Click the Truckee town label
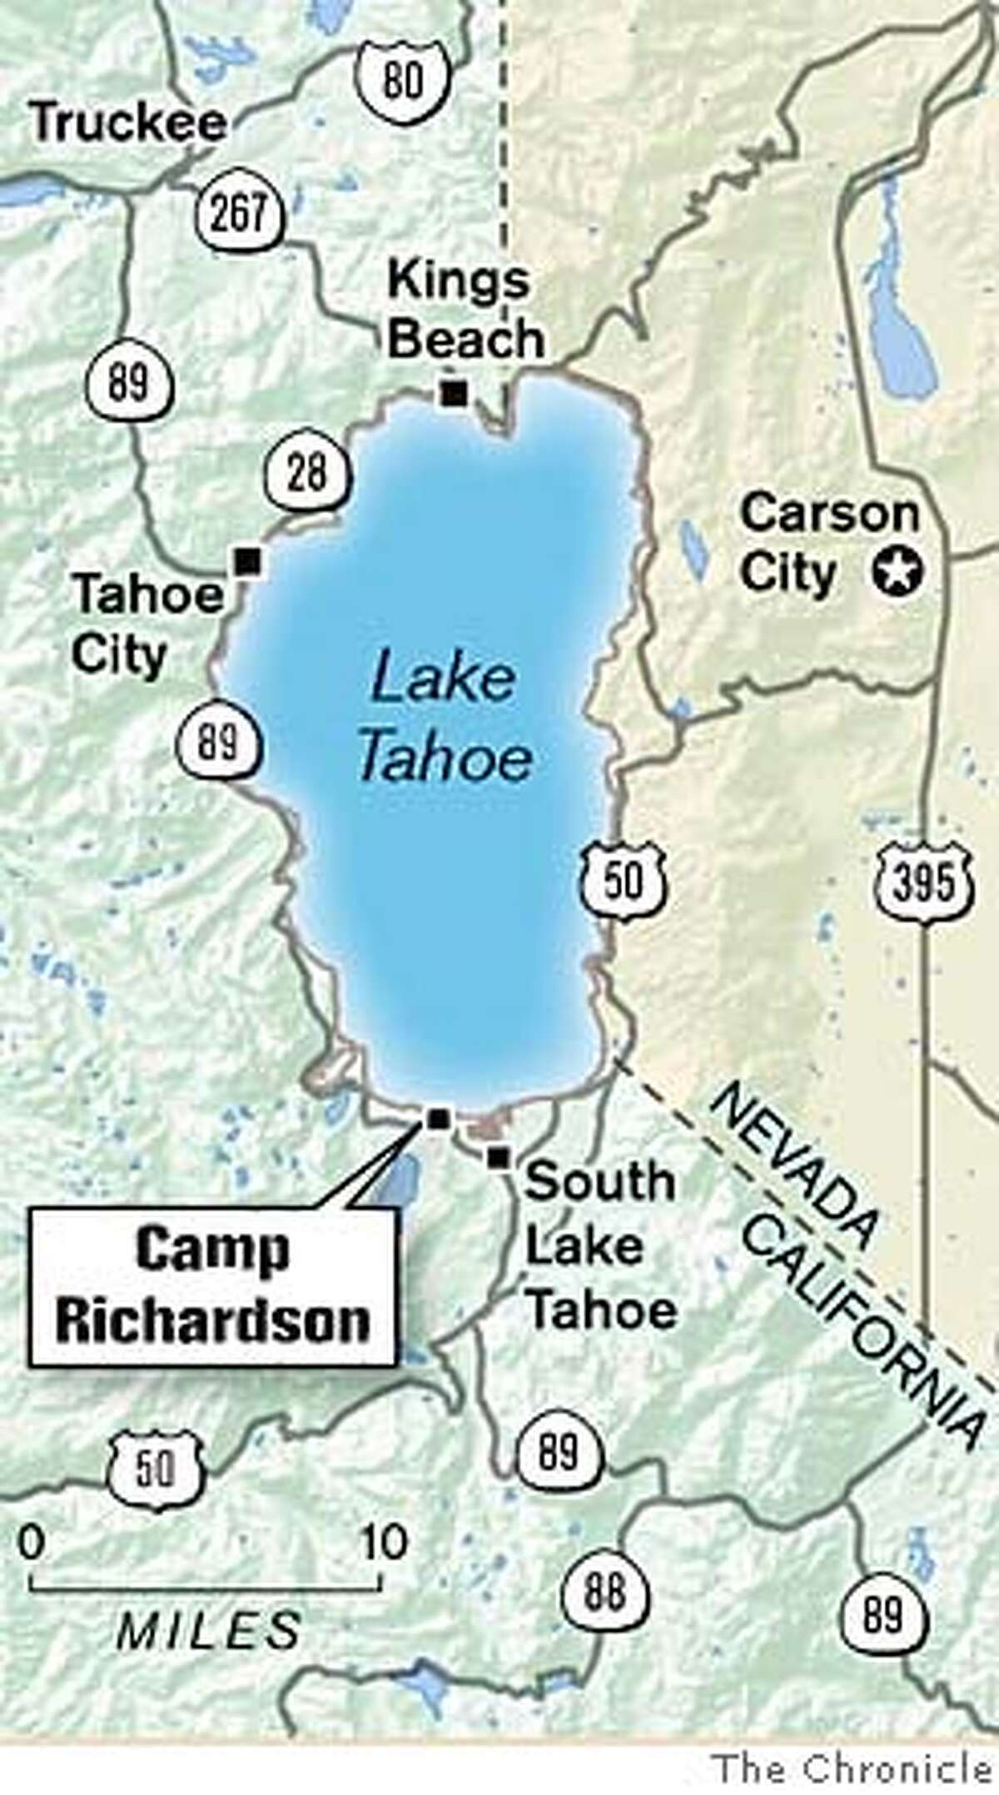(x=127, y=123)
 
